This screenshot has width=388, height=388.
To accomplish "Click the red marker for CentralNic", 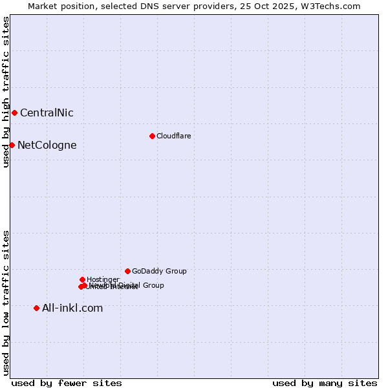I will click(14, 113).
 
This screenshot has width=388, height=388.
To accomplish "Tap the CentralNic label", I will click(47, 113).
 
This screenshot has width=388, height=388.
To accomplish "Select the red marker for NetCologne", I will click(12, 145).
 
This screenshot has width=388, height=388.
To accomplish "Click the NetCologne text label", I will click(47, 145).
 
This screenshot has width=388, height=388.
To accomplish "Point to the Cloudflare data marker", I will click(152, 136).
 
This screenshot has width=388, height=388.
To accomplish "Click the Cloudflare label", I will click(173, 136).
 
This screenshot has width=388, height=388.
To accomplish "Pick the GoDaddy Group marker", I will click(127, 271).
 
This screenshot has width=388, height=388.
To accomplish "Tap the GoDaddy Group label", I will click(159, 272).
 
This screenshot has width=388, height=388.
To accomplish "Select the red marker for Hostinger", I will click(82, 279).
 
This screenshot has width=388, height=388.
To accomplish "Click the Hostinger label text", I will click(103, 279).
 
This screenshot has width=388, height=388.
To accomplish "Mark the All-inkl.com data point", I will click(36, 308).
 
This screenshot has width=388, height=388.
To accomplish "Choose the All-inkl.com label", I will click(72, 308).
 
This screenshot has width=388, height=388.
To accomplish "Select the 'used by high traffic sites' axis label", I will click(6, 92).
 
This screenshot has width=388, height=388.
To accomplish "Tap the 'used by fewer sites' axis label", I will click(67, 383).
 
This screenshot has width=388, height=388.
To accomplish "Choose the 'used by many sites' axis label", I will click(325, 383).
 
